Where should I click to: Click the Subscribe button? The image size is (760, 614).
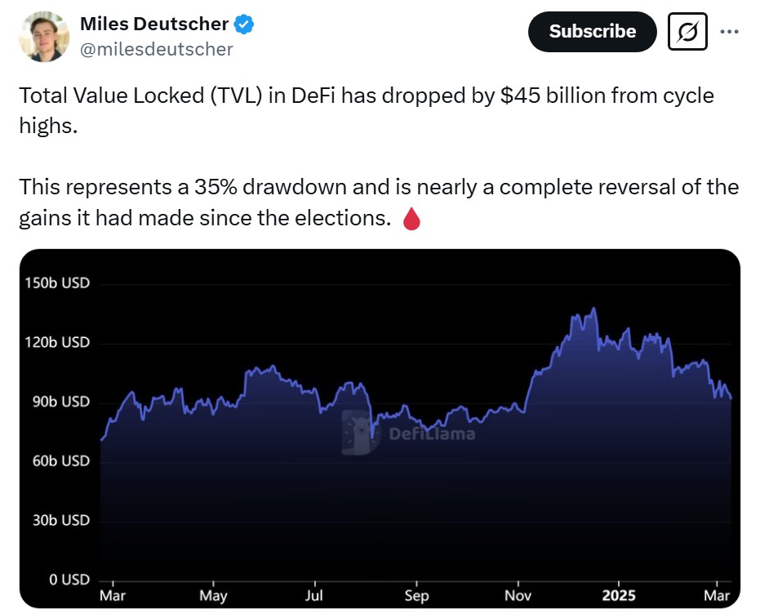[x=592, y=32]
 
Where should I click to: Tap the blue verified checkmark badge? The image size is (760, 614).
[x=244, y=24]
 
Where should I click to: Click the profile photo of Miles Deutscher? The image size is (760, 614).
[x=43, y=37]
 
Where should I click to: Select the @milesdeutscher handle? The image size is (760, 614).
[x=157, y=49]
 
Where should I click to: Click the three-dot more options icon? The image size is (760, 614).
[x=729, y=31]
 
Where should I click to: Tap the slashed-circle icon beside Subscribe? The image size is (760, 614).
[x=687, y=32]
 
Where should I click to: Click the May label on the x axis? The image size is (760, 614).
[x=213, y=595]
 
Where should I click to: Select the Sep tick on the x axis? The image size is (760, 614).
[x=416, y=595]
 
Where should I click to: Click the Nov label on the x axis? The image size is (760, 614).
[x=518, y=595]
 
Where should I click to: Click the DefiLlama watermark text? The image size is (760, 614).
[x=432, y=434]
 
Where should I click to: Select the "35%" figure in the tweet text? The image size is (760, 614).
[x=216, y=187]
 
